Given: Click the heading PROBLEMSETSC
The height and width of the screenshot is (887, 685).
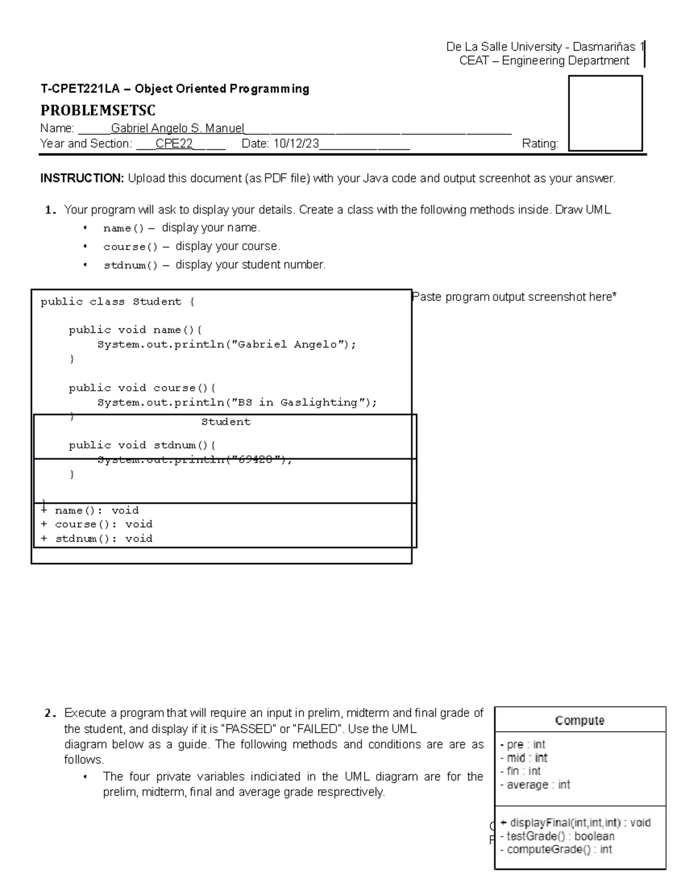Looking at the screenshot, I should (98, 110).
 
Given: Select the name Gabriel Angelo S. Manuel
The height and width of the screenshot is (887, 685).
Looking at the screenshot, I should (178, 129).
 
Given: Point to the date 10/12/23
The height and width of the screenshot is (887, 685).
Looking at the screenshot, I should (296, 144).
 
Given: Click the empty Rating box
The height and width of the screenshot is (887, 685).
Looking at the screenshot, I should (605, 113).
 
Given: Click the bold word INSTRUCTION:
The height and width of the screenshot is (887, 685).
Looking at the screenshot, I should (82, 179).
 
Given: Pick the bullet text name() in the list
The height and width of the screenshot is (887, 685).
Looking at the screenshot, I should (124, 228).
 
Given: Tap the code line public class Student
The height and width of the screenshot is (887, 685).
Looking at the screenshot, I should (117, 302).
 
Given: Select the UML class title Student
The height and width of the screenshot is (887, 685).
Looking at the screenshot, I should (225, 422).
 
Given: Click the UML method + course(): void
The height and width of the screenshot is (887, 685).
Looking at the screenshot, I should (97, 524).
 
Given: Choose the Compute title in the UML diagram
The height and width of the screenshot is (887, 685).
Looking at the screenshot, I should (580, 721).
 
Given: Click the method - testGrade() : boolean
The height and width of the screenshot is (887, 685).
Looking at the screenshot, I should (557, 836).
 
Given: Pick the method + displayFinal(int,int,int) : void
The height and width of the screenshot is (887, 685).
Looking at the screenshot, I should (575, 823).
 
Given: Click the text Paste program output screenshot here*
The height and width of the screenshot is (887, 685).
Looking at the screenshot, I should (514, 297).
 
